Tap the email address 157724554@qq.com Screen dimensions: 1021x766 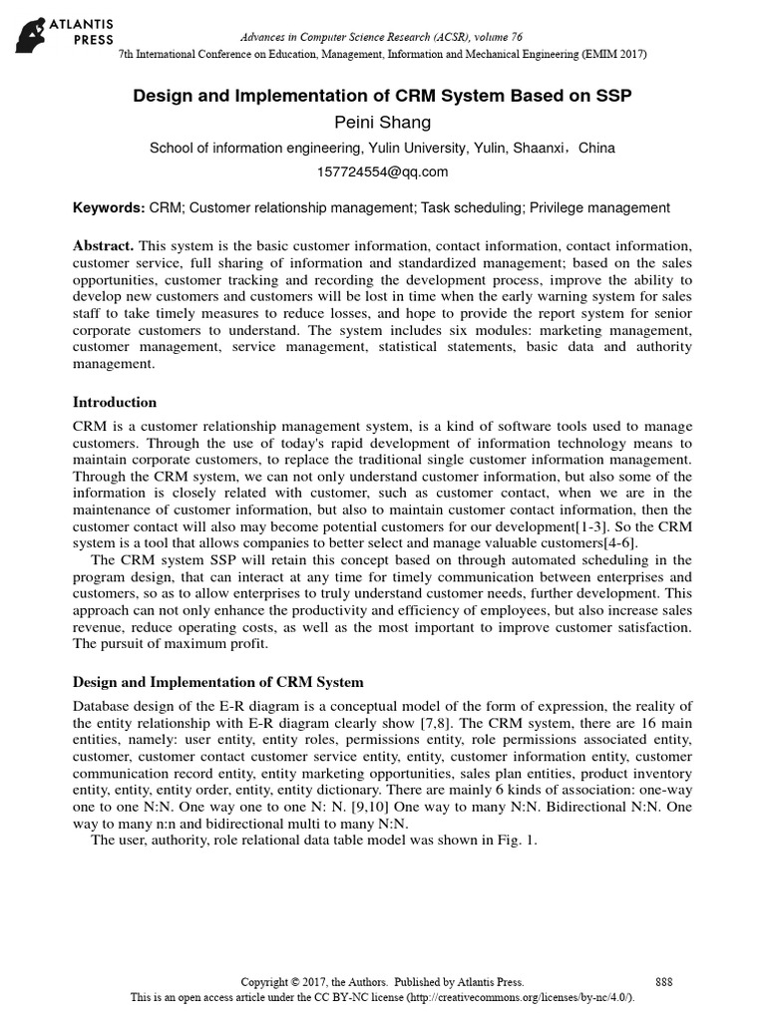tap(383, 171)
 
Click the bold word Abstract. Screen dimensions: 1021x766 tap(104, 245)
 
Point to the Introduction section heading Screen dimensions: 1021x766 tap(115, 403)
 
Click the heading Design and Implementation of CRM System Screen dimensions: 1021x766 tap(219, 682)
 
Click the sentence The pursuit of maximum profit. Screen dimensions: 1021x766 tap(172, 643)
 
